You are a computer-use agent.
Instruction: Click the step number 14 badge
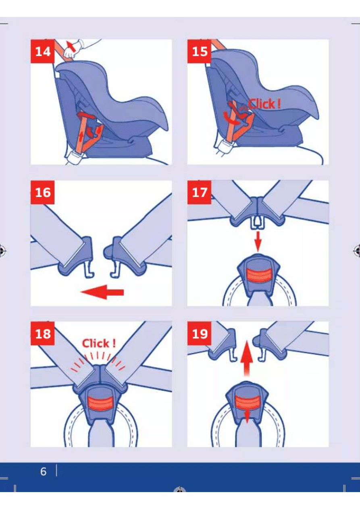[42, 51]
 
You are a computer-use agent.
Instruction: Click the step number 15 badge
[199, 51]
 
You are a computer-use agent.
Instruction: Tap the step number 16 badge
[42, 192]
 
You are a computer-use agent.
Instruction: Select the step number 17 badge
[199, 192]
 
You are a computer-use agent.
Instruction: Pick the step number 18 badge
[42, 333]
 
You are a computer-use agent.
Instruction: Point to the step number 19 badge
[199, 333]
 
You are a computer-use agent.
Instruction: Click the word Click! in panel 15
[264, 104]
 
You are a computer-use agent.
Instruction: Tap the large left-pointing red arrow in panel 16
[102, 292]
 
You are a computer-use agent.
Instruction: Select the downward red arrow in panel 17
[258, 241]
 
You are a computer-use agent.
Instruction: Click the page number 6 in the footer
[43, 472]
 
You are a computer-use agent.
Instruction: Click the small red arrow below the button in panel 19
[247, 417]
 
